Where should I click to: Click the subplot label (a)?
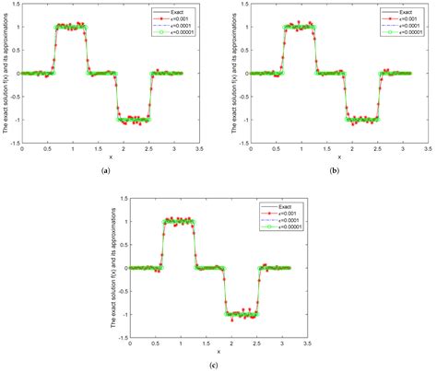coord(108,171)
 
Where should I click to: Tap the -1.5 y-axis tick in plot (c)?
coord(121,338)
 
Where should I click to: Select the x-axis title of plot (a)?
coord(109,157)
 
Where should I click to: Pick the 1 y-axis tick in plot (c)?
coord(124,221)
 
